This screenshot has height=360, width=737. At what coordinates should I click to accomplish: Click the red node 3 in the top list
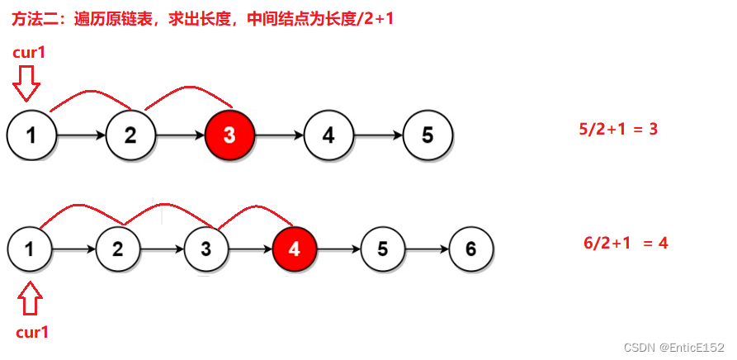click(229, 135)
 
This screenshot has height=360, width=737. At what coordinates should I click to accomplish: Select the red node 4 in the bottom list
click(294, 247)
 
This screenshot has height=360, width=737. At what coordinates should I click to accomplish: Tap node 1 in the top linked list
click(31, 135)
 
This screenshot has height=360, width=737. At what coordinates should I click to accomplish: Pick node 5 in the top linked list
click(428, 135)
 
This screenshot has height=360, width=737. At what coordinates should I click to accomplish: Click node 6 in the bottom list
click(471, 247)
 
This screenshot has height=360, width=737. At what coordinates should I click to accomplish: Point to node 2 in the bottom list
click(117, 247)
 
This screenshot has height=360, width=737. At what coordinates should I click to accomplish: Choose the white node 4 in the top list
click(328, 135)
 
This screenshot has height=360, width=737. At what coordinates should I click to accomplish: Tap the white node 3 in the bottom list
click(206, 247)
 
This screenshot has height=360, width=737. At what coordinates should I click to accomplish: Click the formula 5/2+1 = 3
click(617, 129)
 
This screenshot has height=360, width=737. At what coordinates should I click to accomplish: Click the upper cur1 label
click(31, 53)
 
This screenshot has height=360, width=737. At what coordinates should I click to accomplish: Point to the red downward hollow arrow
click(29, 83)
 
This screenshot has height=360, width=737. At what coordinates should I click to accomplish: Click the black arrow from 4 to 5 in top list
click(378, 135)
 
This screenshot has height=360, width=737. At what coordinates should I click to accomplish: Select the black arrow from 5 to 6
click(426, 247)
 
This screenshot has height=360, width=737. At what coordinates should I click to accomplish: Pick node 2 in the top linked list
click(130, 135)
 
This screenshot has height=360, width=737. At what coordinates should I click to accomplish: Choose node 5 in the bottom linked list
click(382, 247)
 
